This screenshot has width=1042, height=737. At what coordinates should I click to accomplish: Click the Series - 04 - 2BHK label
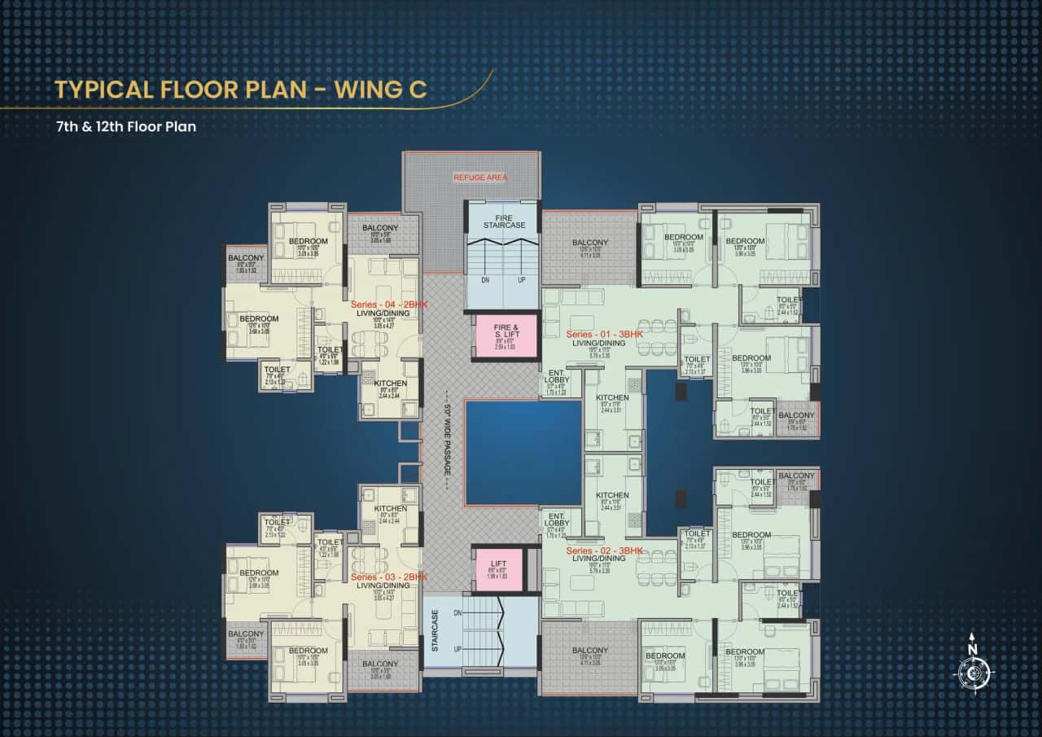(x=389, y=304)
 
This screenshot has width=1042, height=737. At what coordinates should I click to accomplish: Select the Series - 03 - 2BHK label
(x=389, y=577)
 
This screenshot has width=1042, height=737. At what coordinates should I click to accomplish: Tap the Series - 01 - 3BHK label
(x=604, y=335)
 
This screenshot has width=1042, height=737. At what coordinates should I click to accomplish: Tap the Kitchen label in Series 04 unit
(x=390, y=384)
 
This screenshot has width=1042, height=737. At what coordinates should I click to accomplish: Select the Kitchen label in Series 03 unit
(x=390, y=509)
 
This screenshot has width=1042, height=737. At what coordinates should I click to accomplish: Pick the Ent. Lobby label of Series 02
(x=558, y=520)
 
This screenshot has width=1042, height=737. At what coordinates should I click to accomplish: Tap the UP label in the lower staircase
(x=458, y=649)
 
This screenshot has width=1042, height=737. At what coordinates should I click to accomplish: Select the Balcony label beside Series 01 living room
(x=589, y=243)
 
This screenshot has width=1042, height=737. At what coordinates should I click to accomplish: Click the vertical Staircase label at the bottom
(x=436, y=631)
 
